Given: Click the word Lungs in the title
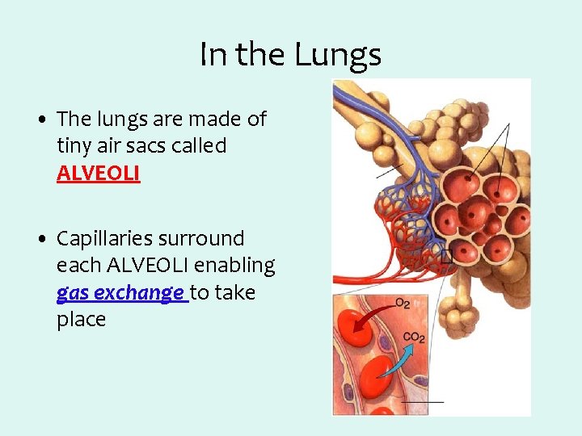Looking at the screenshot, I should click(338, 55).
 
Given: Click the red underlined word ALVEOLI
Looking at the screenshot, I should click(98, 174).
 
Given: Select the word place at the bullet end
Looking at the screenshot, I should click(81, 320).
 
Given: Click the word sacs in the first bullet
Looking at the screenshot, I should click(161, 146).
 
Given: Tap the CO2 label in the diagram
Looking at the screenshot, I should click(413, 337).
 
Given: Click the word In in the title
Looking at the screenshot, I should click(213, 55).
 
